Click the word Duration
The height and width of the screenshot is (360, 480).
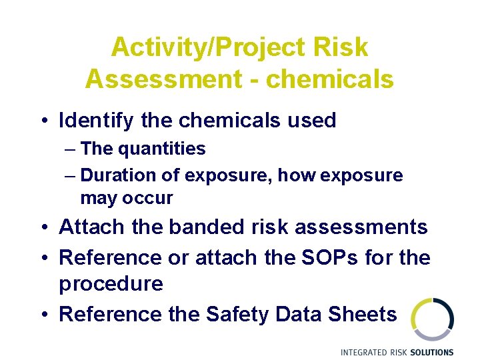click(x=113, y=175)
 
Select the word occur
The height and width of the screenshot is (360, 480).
click(x=151, y=198)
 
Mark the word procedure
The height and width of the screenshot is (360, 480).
click(x=111, y=284)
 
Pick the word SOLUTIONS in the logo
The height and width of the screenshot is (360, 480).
click(x=431, y=352)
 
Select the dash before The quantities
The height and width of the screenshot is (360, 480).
click(x=71, y=149)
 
